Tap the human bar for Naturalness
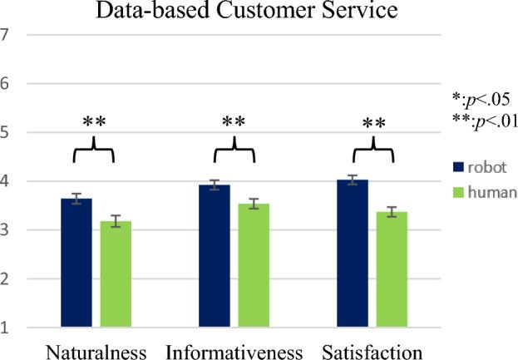116,274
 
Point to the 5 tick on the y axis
6,132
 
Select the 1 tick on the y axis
6,328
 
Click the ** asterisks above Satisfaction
374,125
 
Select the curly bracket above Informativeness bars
234,151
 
